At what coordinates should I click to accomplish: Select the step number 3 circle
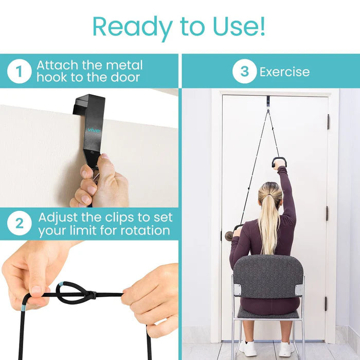pos(244,71)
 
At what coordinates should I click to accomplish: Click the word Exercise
pos(284,71)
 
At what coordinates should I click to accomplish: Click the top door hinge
pos(328,121)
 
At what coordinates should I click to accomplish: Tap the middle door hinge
pos(327,213)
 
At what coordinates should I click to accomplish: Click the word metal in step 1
pos(123,65)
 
